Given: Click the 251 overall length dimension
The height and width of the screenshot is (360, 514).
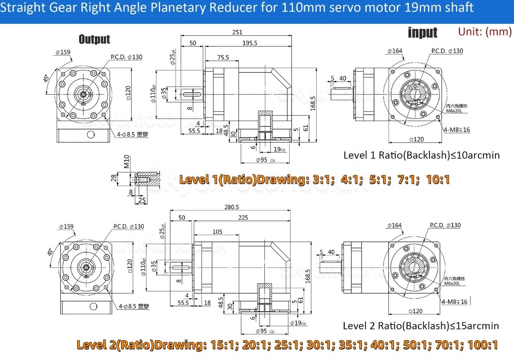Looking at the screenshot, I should click(237, 32).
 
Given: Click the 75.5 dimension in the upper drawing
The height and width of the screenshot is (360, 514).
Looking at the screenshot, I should click(223, 58).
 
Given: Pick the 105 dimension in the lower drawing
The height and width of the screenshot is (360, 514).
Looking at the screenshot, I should click(217, 231).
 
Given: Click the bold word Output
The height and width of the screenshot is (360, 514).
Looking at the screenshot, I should click(94, 39).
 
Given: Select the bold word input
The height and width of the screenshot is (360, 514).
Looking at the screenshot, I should click(423, 33).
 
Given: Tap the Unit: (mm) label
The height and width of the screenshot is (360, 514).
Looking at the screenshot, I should click(485, 32).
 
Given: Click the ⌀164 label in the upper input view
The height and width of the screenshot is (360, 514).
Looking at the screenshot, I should click(395, 51).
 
